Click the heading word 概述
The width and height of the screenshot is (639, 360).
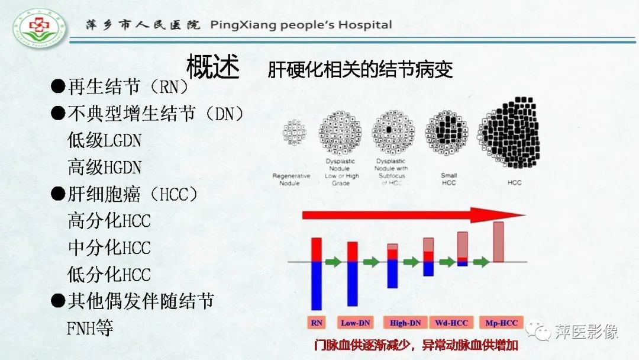click(213, 67)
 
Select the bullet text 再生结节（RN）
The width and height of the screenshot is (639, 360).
click(121, 87)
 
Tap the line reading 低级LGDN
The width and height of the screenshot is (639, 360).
click(105, 140)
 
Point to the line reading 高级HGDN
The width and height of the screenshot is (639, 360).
click(105, 167)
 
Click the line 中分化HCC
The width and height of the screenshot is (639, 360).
click(109, 247)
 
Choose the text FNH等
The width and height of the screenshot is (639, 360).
click(91, 328)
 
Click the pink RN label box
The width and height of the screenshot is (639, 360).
click(317, 323)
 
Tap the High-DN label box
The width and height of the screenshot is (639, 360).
click(405, 323)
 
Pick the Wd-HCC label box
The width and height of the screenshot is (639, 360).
click(451, 323)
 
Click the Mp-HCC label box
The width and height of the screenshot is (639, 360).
click(501, 323)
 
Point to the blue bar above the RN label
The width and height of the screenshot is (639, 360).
click(317, 285)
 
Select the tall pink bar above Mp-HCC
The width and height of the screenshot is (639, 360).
click(498, 242)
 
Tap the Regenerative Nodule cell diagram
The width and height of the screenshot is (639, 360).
click(294, 133)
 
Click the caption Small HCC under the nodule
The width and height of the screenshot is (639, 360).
click(449, 179)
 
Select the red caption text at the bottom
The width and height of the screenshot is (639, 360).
click(417, 345)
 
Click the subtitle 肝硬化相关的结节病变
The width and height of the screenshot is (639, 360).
click(360, 70)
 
